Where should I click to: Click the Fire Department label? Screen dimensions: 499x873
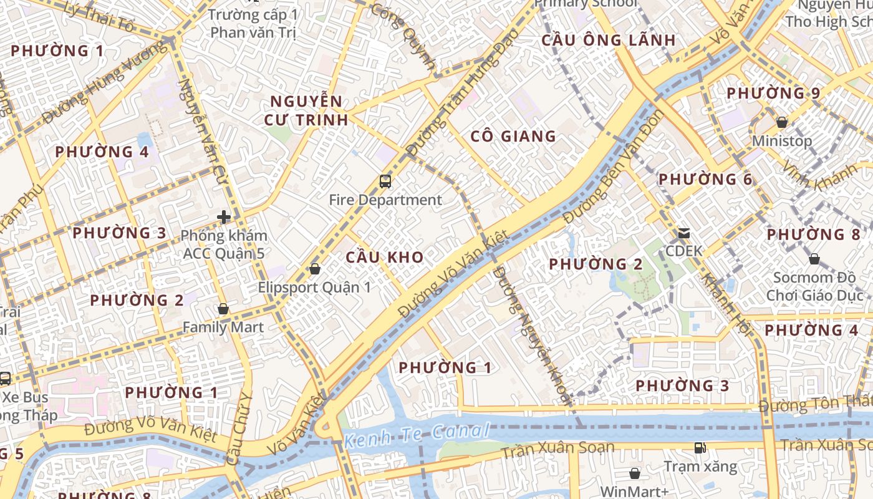tap(385, 200)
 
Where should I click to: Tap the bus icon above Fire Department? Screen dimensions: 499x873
tap(385, 182)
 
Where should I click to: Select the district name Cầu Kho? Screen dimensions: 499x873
tap(385, 257)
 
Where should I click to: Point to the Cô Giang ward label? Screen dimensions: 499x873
tap(513, 137)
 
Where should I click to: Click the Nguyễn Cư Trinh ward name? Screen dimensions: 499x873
tap(306, 110)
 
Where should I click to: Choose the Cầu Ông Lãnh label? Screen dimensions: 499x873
tap(608, 41)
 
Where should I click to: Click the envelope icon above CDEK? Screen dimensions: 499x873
tap(684, 234)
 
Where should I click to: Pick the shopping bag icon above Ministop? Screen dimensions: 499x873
tap(782, 122)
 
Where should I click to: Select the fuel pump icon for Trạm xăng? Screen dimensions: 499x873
tap(700, 447)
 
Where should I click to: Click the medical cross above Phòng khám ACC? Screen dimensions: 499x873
tap(224, 217)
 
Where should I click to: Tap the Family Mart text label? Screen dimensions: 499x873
tap(223, 327)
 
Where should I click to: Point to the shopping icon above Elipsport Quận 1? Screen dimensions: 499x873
tap(315, 269)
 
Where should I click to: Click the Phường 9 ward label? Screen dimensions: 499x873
tap(773, 94)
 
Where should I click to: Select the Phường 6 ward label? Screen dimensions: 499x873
tap(705, 180)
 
